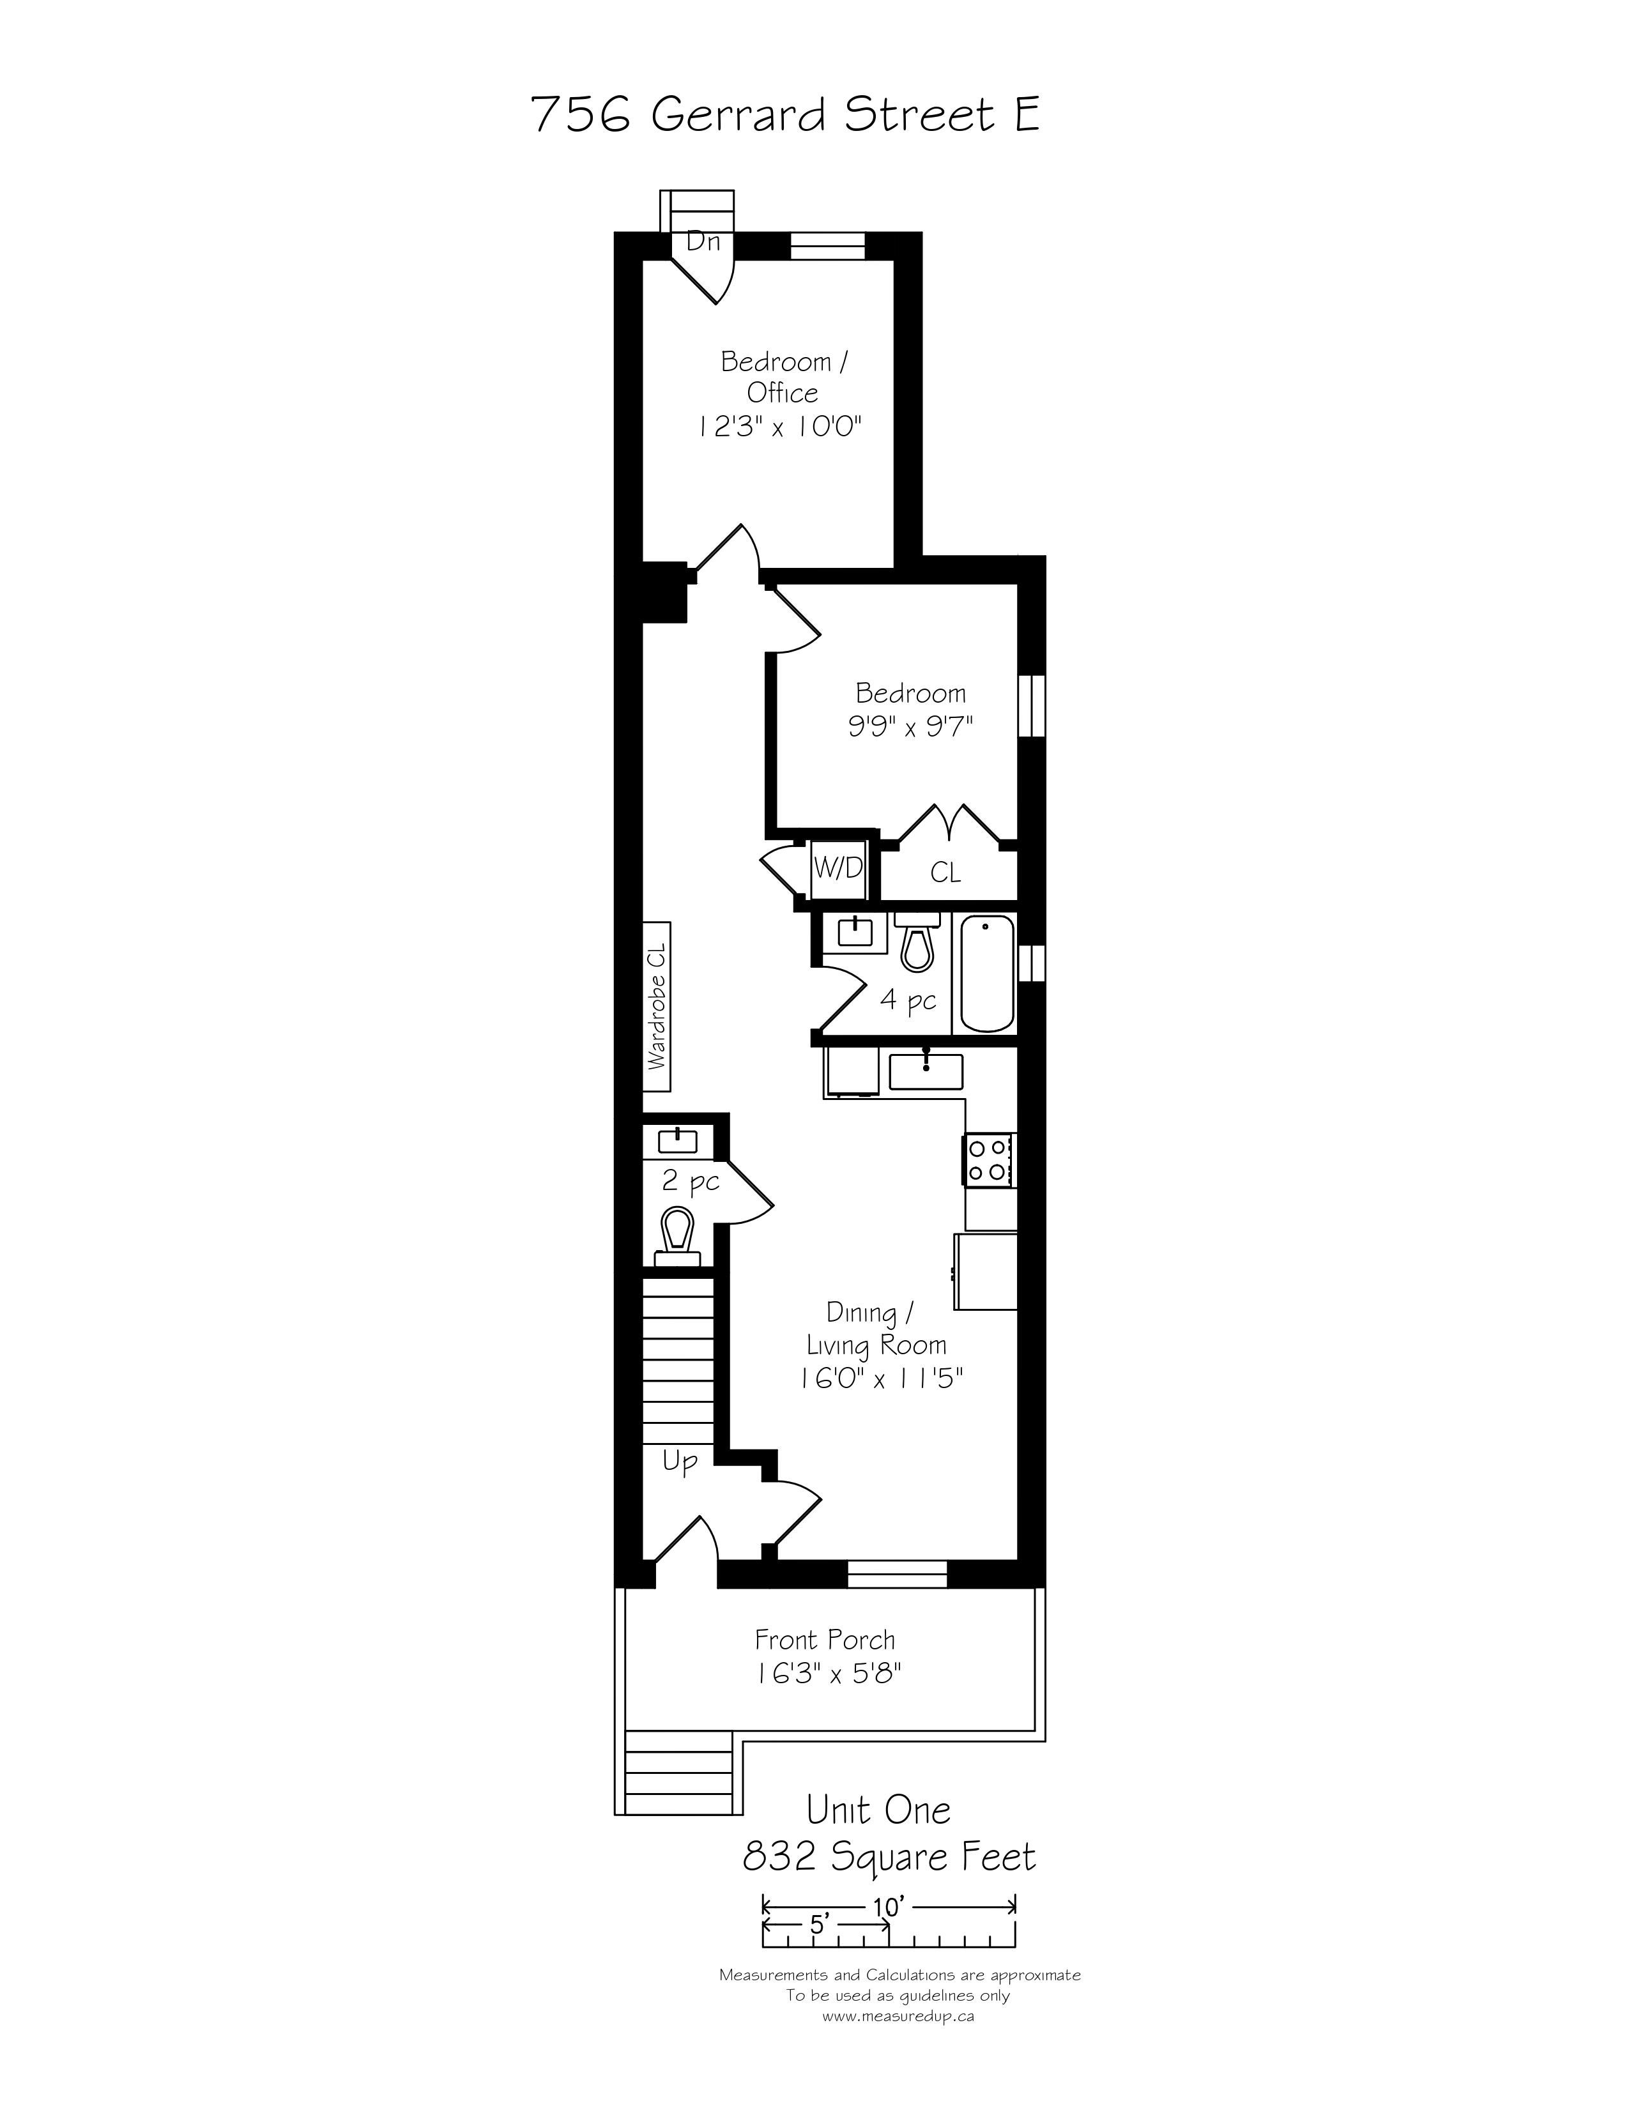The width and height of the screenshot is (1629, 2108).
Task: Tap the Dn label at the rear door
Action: point(703,241)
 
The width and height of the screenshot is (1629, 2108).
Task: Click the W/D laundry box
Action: point(837,867)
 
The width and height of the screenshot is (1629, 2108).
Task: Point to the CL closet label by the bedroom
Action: point(945,873)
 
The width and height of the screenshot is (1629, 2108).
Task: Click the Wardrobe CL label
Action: point(657,1007)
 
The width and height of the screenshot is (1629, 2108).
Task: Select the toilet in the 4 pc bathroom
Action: point(917,941)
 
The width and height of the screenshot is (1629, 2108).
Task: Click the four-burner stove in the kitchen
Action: point(988,1159)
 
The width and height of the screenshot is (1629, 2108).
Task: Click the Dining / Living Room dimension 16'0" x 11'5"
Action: point(881,1379)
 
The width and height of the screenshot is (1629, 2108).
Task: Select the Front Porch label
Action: point(825,1640)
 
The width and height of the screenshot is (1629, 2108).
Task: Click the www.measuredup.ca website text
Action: point(898,2016)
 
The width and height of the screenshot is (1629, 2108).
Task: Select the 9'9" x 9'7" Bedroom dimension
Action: point(910,725)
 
